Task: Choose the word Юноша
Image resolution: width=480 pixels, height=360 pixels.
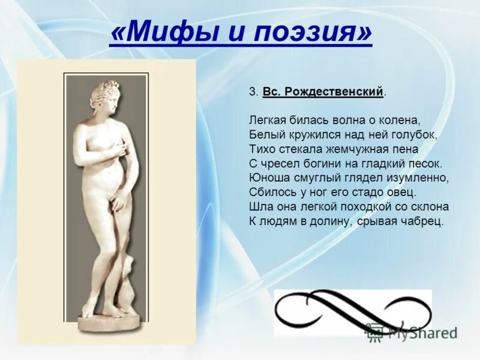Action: pyautogui.click(x=268, y=178)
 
